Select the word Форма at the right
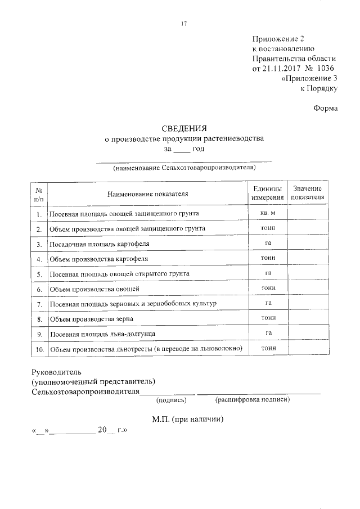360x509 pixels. click(326, 109)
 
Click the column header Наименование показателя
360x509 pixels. click(147, 194)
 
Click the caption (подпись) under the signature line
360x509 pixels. click(175, 400)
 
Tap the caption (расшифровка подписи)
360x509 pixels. click(252, 400)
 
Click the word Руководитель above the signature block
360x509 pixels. click(57, 372)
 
